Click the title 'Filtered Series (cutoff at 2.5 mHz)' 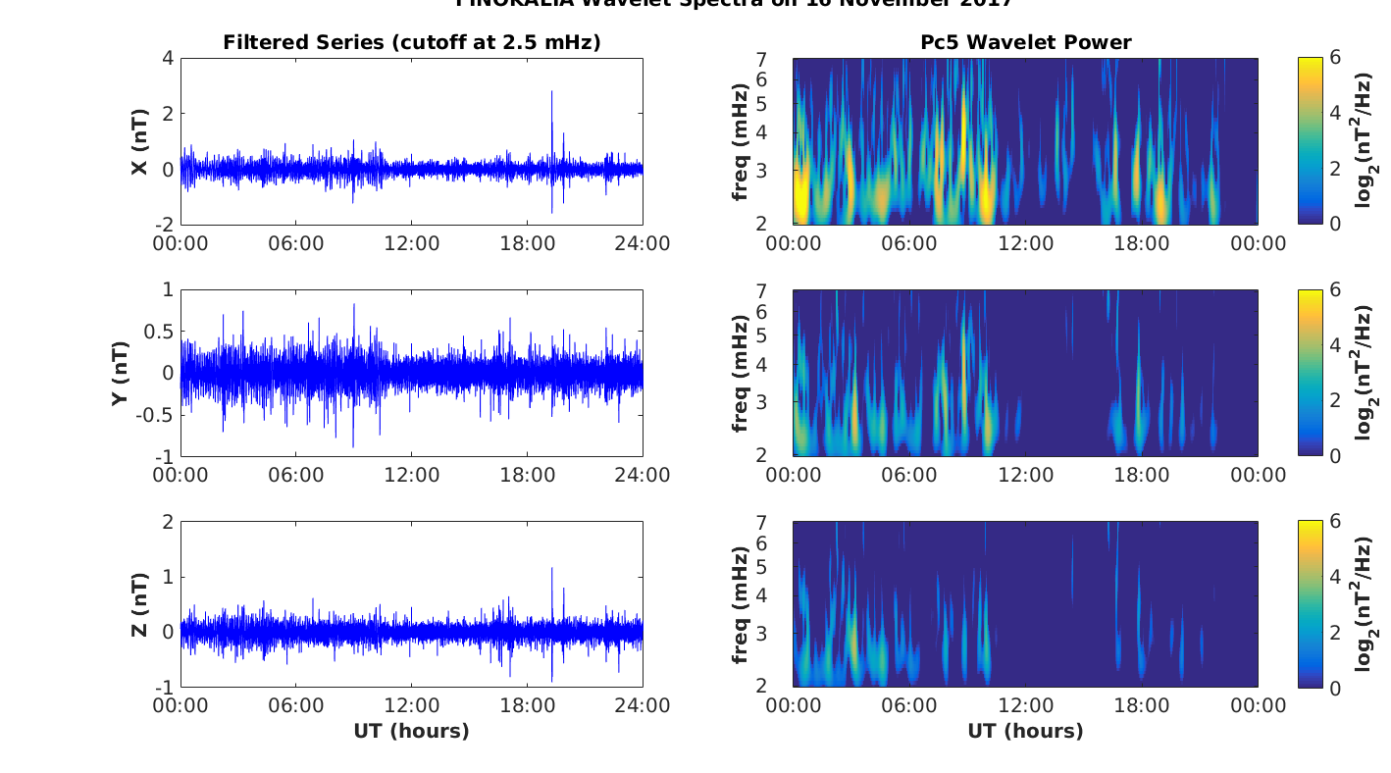tap(411, 42)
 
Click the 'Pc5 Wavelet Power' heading tap(1025, 42)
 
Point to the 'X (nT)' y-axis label tap(140, 141)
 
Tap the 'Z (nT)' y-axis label tap(140, 604)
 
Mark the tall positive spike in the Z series tap(551, 570)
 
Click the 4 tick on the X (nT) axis tap(168, 58)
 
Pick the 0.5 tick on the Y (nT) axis tap(157, 332)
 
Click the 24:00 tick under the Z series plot tap(644, 706)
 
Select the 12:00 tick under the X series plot tap(412, 243)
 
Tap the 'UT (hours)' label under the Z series tap(411, 731)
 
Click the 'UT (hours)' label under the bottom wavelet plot tap(1025, 731)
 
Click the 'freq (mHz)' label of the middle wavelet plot tap(740, 373)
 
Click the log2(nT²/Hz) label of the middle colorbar tap(1364, 373)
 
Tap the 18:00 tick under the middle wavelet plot tap(1142, 475)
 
